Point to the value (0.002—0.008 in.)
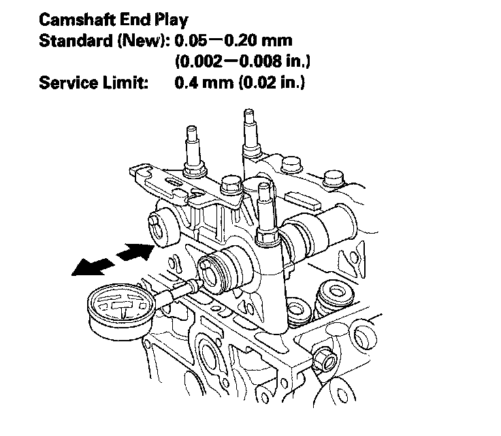point(243,62)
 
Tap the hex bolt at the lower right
point(323,356)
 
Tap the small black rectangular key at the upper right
point(304,200)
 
